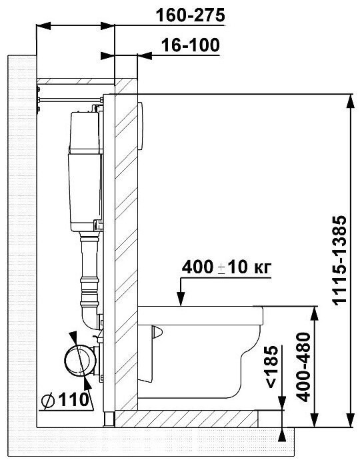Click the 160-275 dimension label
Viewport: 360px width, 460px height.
pyautogui.click(x=190, y=15)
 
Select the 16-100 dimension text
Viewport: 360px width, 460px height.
pyautogui.click(x=191, y=45)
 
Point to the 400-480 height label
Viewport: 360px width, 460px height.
pyautogui.click(x=303, y=367)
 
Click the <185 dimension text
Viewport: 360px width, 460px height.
pyautogui.click(x=271, y=367)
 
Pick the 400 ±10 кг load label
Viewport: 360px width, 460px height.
pyautogui.click(x=227, y=267)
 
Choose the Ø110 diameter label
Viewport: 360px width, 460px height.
pyautogui.click(x=65, y=399)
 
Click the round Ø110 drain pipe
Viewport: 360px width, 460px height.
pyautogui.click(x=80, y=361)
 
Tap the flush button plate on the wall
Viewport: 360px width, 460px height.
pyautogui.click(x=140, y=126)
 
